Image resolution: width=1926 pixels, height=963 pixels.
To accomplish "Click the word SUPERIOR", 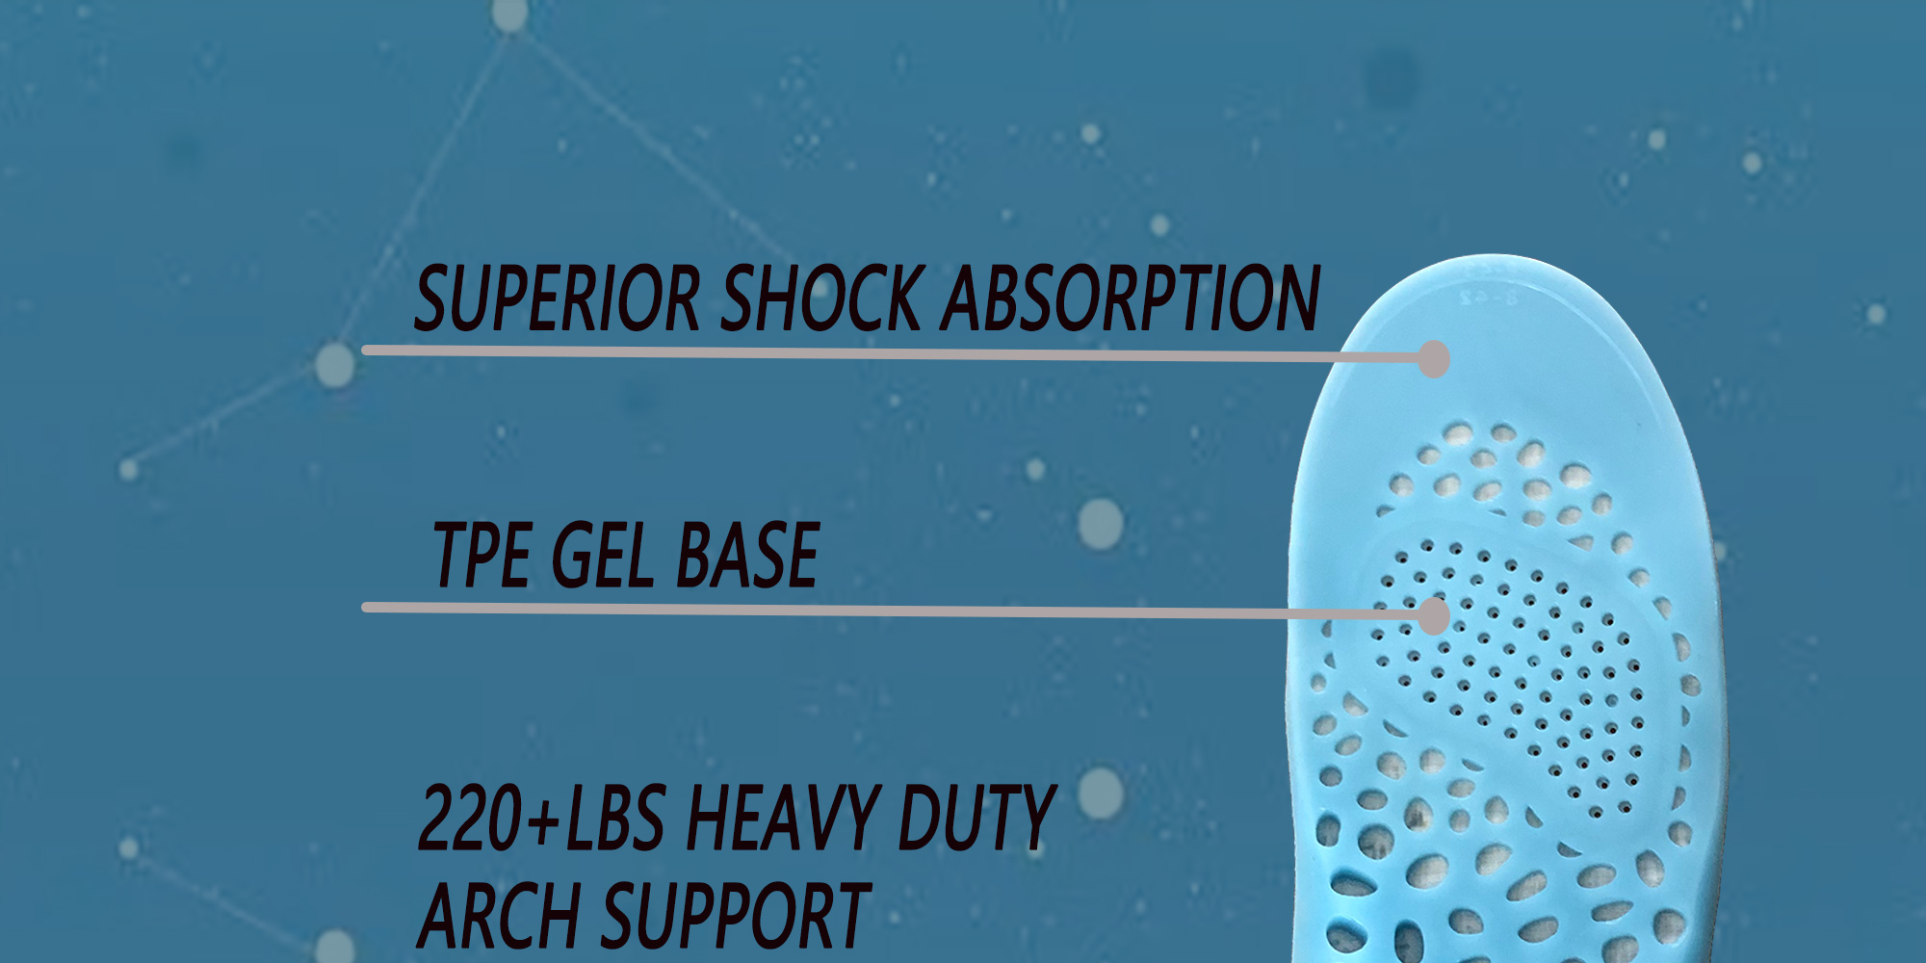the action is point(557,299).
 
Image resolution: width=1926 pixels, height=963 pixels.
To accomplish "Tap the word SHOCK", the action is point(821,299).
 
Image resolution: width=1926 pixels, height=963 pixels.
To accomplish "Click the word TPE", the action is point(481,555).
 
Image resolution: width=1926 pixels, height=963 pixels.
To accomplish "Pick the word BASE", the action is point(747,555).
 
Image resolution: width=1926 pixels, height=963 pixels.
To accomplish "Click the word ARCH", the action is point(500,916).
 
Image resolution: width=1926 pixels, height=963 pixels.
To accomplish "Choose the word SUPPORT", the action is point(736,916).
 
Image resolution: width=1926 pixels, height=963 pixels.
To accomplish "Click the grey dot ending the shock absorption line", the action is point(1434,359).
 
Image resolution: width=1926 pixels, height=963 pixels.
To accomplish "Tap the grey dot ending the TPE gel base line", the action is point(1434,616).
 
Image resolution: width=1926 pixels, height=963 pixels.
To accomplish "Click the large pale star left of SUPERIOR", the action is point(335,365).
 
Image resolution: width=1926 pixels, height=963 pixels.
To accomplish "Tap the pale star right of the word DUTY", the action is point(1101,794).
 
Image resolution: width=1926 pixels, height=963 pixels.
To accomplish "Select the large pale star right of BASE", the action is point(1101,525).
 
